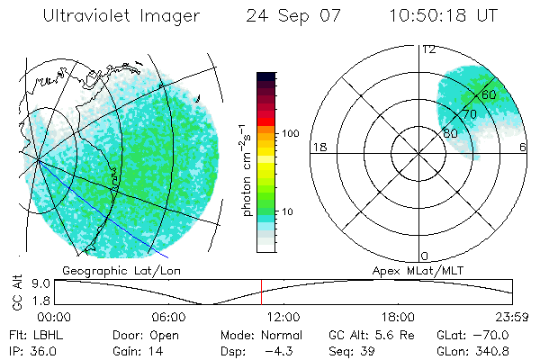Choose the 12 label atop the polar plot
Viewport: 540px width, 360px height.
[x=428, y=49]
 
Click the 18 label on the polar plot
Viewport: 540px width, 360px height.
[x=319, y=147]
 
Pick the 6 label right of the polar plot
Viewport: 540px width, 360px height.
[x=523, y=147]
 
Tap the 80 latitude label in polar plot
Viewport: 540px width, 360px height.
[x=450, y=133]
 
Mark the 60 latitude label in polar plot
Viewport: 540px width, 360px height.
[x=488, y=94]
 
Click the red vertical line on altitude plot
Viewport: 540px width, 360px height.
[x=261, y=292]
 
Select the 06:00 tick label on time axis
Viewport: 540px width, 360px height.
[x=168, y=317]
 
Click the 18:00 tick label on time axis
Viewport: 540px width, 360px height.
[x=398, y=317]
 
